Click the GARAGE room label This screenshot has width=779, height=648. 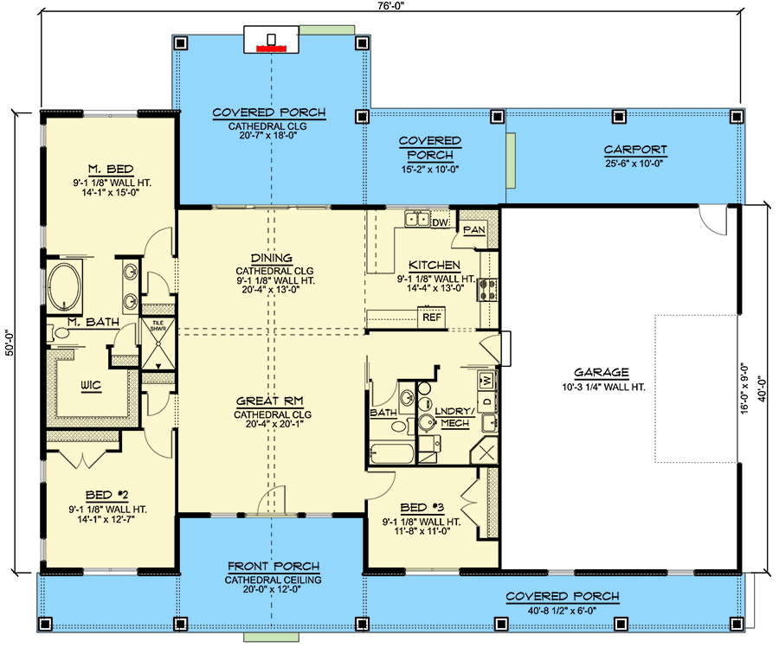(x=605, y=372)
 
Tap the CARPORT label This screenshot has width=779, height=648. (x=635, y=150)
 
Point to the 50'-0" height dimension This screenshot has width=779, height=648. (x=8, y=342)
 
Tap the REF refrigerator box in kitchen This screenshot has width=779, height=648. (x=431, y=318)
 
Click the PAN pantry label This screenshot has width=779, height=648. (x=473, y=229)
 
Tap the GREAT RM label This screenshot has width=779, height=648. (x=271, y=401)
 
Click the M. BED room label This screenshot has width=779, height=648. (x=108, y=168)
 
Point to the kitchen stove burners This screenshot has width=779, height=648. (x=488, y=289)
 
